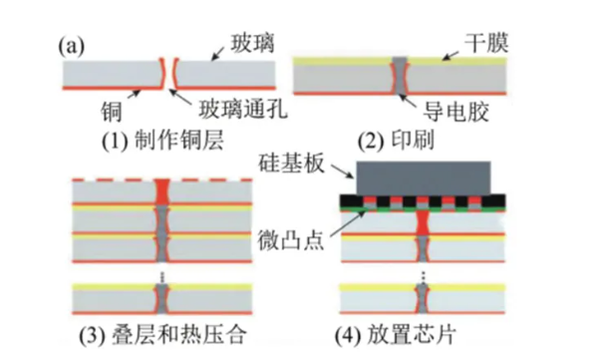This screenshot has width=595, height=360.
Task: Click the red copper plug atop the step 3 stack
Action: tap(162, 188)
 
